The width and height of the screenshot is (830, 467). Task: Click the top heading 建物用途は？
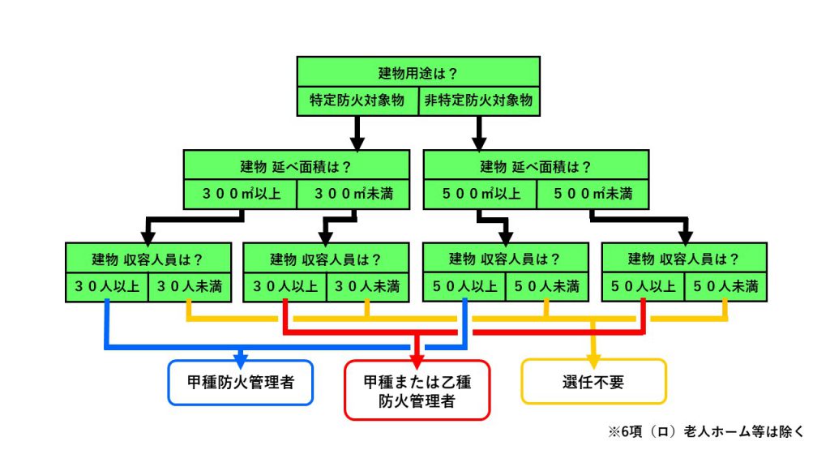(417, 73)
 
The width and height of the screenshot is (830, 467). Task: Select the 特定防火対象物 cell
(357, 101)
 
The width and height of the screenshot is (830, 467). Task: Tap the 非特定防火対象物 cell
(479, 101)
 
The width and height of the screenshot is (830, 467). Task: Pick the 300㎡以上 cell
(241, 194)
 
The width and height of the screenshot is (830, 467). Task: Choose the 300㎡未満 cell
(353, 194)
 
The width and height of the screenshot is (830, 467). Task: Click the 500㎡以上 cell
(481, 194)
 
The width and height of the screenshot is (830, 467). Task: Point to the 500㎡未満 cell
(593, 194)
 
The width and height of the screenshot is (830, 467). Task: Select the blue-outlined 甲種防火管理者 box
(240, 383)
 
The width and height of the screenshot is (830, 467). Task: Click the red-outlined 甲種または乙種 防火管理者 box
(417, 390)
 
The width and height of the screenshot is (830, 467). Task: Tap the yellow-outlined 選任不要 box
(593, 382)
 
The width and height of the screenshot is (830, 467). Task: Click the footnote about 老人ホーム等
(706, 431)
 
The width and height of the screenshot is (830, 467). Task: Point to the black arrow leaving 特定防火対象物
(357, 134)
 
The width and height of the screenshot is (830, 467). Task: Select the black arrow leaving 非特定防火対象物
(479, 134)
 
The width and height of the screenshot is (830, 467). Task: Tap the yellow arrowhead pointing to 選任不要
(593, 361)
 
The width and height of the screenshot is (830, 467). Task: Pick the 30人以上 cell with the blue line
(107, 287)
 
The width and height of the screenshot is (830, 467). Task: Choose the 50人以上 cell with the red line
(644, 287)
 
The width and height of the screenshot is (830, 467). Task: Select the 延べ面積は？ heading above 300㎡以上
(296, 167)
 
